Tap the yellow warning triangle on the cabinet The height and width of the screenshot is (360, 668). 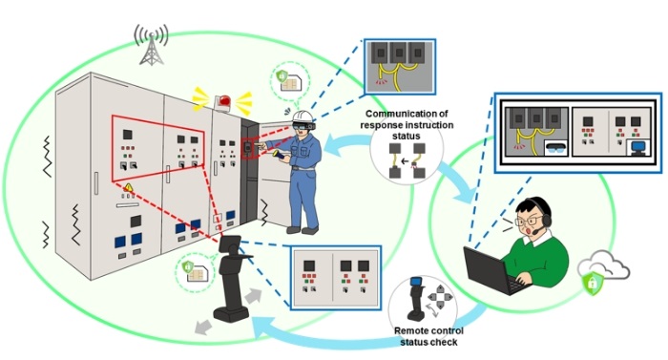[x=127, y=187]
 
